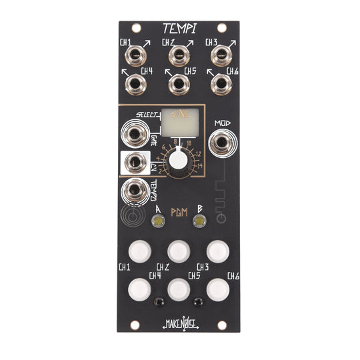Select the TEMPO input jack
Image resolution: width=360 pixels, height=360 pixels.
point(135,191)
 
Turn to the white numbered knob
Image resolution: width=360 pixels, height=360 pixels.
point(177,160)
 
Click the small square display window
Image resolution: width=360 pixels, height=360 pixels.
point(178,123)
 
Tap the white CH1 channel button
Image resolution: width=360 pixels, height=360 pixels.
point(140,251)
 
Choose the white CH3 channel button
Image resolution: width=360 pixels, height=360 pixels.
point(217,251)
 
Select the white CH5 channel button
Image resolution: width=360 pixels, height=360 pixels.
point(179,289)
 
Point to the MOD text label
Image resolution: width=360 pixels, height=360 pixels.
point(222,124)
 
